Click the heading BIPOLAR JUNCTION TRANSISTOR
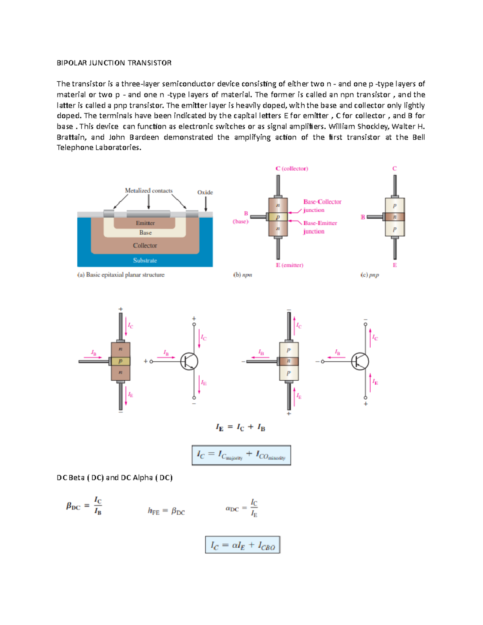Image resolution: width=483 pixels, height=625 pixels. [x=114, y=63]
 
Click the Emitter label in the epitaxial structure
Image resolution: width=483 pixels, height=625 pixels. [x=145, y=223]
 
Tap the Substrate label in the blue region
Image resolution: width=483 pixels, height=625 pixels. [x=145, y=260]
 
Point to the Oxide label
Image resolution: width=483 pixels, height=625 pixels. [x=205, y=192]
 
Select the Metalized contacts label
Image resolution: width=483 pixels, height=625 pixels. [x=149, y=191]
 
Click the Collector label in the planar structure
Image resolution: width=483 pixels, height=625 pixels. [x=145, y=245]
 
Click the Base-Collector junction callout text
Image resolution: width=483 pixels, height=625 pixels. [x=322, y=206]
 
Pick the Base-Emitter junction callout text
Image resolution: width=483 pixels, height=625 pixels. [x=320, y=227]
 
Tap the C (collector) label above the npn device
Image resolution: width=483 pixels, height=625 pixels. [x=292, y=169]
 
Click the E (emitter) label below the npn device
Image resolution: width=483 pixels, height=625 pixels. [x=289, y=265]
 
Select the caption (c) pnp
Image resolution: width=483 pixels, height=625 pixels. [x=369, y=275]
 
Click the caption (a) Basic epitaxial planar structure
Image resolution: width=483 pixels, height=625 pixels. [x=121, y=275]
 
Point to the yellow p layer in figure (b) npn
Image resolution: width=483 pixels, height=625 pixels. [x=278, y=217]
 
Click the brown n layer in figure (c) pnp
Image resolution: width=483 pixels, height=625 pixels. [x=394, y=217]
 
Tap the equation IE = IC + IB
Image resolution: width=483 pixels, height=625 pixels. [x=240, y=427]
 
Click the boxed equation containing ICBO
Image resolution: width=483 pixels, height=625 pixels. [x=242, y=545]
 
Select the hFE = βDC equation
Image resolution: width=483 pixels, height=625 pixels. [x=166, y=511]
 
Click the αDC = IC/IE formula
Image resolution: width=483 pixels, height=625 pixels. [x=242, y=508]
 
